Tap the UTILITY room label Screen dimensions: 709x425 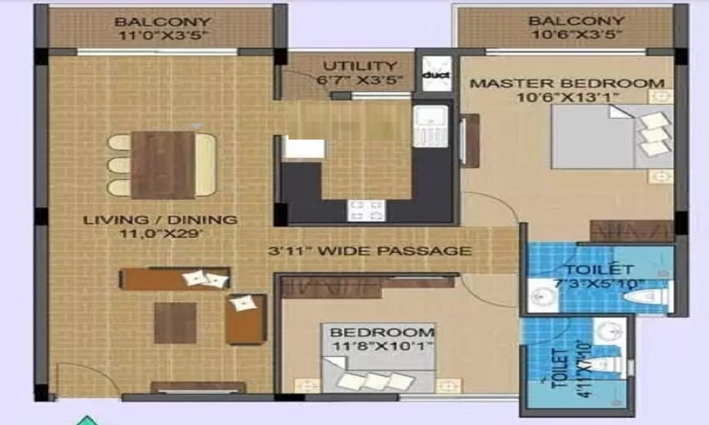[360, 67]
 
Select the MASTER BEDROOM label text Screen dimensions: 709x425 [567, 84]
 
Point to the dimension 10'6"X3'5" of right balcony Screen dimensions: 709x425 [576, 34]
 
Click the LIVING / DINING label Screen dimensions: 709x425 [160, 220]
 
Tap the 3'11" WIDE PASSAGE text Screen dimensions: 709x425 [370, 251]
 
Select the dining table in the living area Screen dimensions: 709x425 [164, 165]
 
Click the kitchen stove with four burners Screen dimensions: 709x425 [367, 210]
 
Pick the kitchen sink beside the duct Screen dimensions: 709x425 [430, 126]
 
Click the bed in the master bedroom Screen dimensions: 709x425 [612, 137]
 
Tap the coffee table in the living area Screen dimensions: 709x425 [175, 323]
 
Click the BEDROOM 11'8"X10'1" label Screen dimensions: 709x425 [382, 339]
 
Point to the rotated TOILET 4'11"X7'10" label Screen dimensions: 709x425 [566, 369]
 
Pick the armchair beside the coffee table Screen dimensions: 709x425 [246, 319]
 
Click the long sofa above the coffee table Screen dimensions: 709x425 [174, 278]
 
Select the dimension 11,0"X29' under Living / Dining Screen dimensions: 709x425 [160, 234]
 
